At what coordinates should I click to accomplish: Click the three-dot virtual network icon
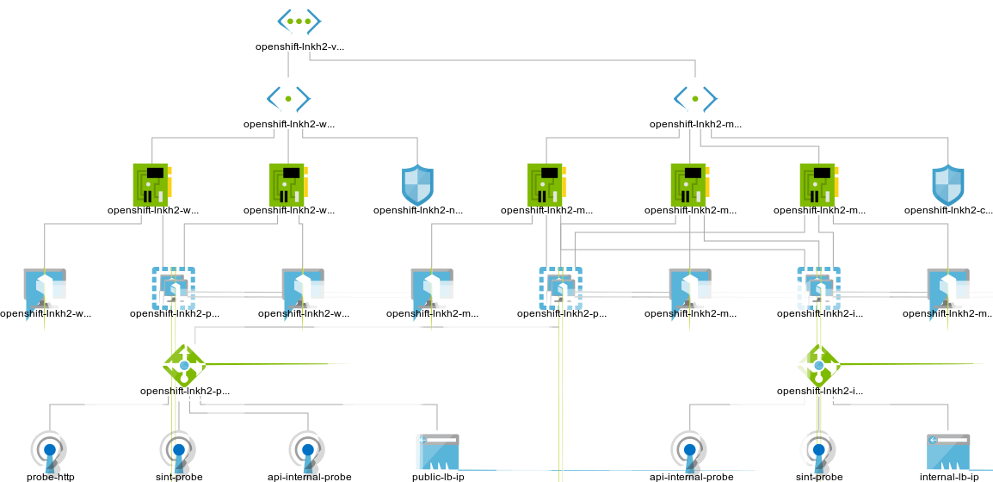coord(299,21)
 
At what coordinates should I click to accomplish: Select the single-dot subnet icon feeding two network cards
coord(288,98)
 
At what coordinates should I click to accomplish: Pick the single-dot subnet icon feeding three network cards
coord(694,98)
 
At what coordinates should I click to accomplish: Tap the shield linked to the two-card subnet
coord(417,185)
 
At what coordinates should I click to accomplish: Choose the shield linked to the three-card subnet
coord(947,185)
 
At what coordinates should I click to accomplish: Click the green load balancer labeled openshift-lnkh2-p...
coord(184,366)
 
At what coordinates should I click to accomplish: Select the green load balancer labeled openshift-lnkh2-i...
coord(818,366)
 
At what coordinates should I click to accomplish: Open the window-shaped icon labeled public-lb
coord(438,453)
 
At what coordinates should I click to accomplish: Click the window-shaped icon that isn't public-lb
coord(948,453)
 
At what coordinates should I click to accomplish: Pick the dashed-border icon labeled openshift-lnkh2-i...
coord(818,288)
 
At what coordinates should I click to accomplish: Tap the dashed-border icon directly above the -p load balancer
coord(174,288)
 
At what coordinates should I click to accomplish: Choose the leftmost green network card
coord(151,185)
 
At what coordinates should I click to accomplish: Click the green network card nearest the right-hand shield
coord(818,185)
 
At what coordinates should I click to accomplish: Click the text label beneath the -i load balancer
coord(819,391)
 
